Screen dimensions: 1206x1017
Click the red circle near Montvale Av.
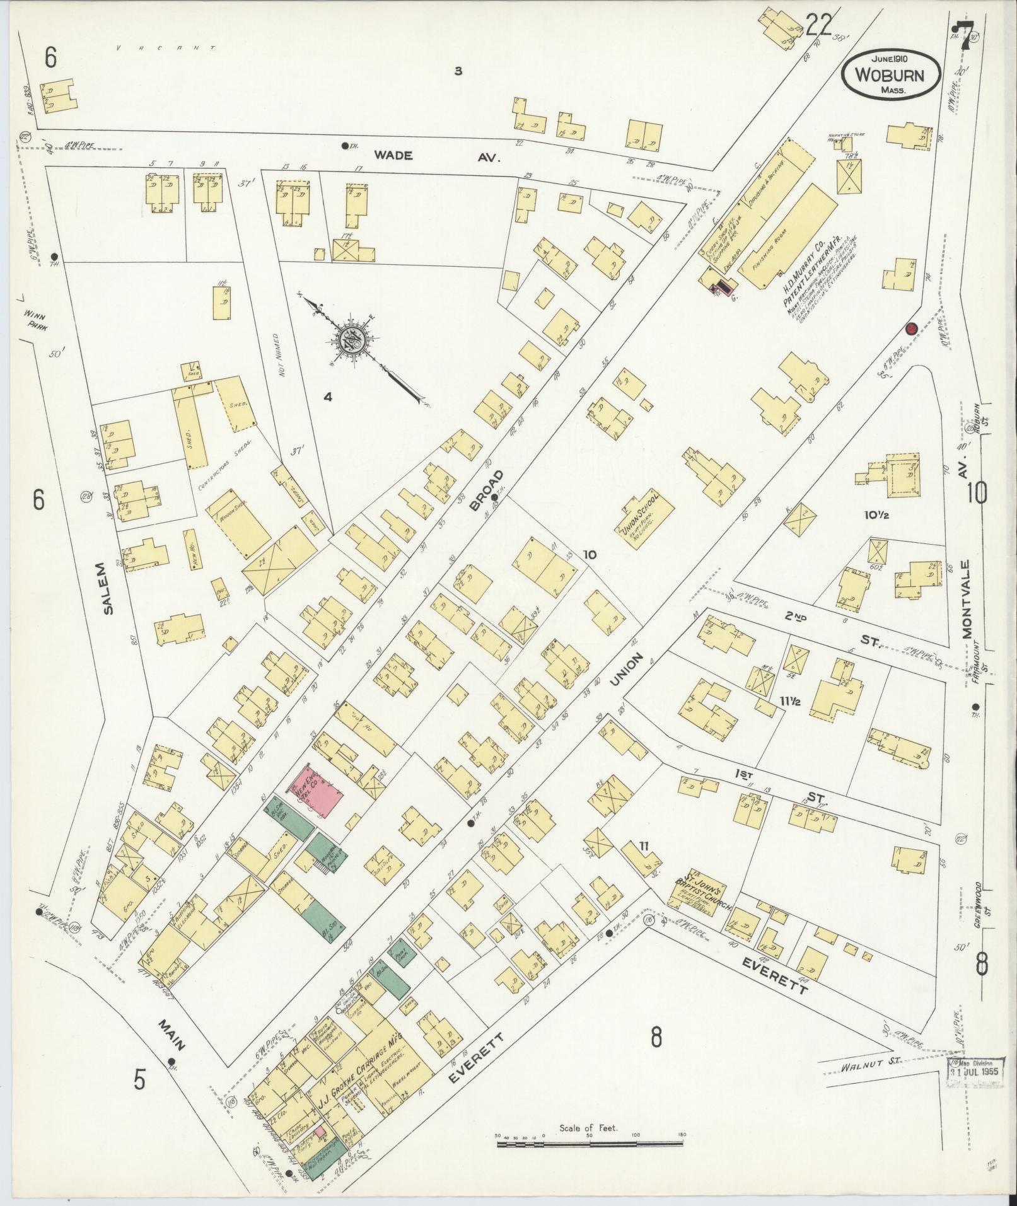tap(910, 328)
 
